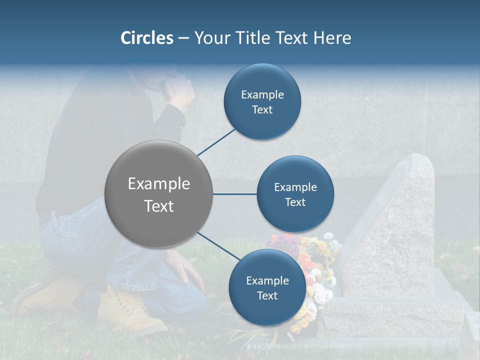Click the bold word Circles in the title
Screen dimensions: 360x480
147,38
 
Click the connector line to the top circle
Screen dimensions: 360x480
217,142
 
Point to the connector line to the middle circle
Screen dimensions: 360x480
234,194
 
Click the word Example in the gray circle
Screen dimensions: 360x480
158,184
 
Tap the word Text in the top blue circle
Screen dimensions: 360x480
262,110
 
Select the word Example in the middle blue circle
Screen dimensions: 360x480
295,187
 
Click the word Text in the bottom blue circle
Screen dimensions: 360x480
267,295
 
